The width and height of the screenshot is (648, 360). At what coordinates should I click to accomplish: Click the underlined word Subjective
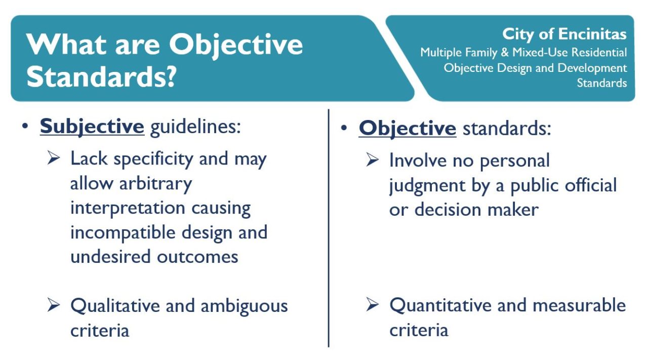point(92,127)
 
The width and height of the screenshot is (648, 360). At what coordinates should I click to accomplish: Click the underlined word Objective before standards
point(408,128)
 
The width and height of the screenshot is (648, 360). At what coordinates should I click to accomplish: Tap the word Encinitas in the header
point(592,34)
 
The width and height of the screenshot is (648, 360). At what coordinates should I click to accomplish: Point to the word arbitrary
point(155,184)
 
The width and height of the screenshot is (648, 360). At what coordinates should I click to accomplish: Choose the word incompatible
point(123,232)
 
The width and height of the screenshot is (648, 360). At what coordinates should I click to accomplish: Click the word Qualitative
point(115,306)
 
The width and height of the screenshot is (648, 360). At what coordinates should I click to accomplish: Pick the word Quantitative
point(440,305)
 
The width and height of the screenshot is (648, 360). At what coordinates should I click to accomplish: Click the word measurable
point(579,305)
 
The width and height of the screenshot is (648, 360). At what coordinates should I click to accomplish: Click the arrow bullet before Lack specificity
point(54,158)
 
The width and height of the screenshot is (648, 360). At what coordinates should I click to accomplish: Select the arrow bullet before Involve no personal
point(372,159)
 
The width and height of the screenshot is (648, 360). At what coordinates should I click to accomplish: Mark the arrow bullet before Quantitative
point(372,304)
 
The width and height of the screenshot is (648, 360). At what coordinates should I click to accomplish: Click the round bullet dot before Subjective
point(25,126)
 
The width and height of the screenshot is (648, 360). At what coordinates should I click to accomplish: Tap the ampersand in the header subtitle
point(505,53)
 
